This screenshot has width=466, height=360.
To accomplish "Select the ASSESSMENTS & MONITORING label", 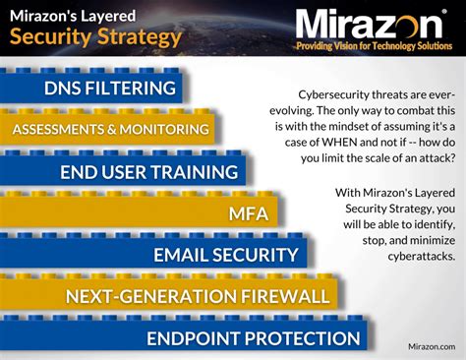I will [x=111, y=129].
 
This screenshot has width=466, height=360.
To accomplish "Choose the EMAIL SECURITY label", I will [x=225, y=255].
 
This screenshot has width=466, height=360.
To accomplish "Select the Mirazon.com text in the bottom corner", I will [x=431, y=346].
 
